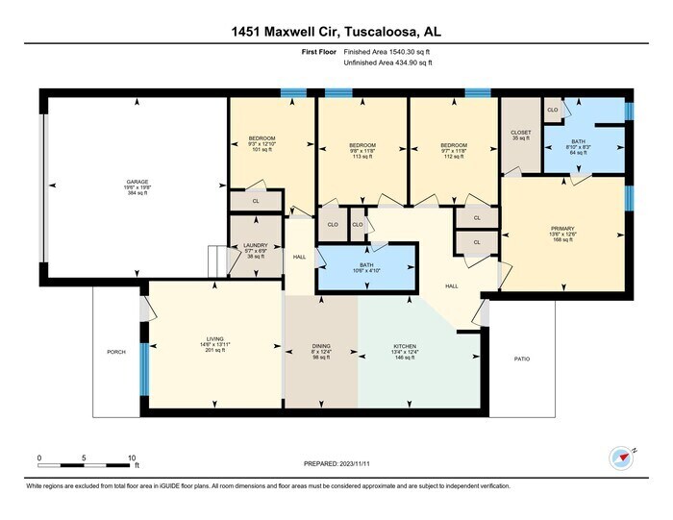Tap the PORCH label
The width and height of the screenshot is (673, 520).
[116, 353]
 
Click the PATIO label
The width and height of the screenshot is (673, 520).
[521, 359]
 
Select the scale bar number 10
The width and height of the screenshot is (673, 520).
[131, 458]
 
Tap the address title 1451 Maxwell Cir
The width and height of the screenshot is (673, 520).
[336, 32]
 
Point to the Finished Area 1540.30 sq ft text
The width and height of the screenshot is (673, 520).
[387, 52]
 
